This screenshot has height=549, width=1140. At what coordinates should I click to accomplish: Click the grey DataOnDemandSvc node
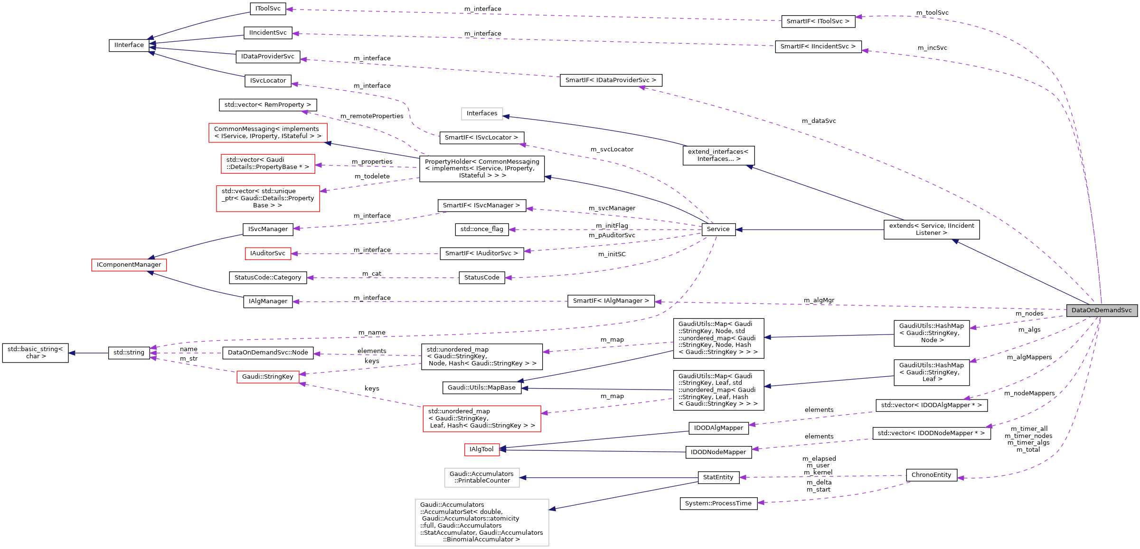pyautogui.click(x=1102, y=310)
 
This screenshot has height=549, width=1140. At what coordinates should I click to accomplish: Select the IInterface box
pyautogui.click(x=129, y=45)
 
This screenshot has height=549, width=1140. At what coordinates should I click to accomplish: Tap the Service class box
pyautogui.click(x=718, y=229)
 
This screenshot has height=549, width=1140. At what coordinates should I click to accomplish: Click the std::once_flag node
pyautogui.click(x=481, y=229)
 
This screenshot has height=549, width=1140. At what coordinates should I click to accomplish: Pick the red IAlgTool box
pyautogui.click(x=481, y=449)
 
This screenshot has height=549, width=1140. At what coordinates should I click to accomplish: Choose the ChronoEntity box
pyautogui.click(x=931, y=475)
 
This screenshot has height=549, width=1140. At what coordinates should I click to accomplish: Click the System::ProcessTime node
pyautogui.click(x=718, y=503)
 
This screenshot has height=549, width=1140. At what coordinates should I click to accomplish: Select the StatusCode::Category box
pyautogui.click(x=268, y=278)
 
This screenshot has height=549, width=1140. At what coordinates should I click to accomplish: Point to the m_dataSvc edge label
pyautogui.click(x=819, y=121)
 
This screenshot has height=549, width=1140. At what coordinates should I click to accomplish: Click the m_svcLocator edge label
pyautogui.click(x=612, y=149)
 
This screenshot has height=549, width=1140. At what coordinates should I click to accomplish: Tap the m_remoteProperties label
pyautogui.click(x=372, y=116)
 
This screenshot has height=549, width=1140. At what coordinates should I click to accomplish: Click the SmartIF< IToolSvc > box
pyautogui.click(x=818, y=21)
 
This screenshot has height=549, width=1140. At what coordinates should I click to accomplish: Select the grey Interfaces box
pyautogui.click(x=481, y=113)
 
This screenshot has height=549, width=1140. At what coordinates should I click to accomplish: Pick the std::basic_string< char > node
pyautogui.click(x=35, y=353)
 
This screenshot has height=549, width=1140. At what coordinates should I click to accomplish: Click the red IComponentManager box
pyautogui.click(x=129, y=265)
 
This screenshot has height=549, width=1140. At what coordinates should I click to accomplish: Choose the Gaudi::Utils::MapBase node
pyautogui.click(x=481, y=388)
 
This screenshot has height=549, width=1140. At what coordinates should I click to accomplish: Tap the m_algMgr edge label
pyautogui.click(x=819, y=300)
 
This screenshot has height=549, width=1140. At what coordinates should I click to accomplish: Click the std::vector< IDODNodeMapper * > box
pyautogui.click(x=931, y=433)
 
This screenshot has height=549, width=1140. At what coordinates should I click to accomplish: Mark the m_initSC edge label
pyautogui.click(x=612, y=254)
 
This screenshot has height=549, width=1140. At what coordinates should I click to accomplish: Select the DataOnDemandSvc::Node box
pyautogui.click(x=268, y=353)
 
